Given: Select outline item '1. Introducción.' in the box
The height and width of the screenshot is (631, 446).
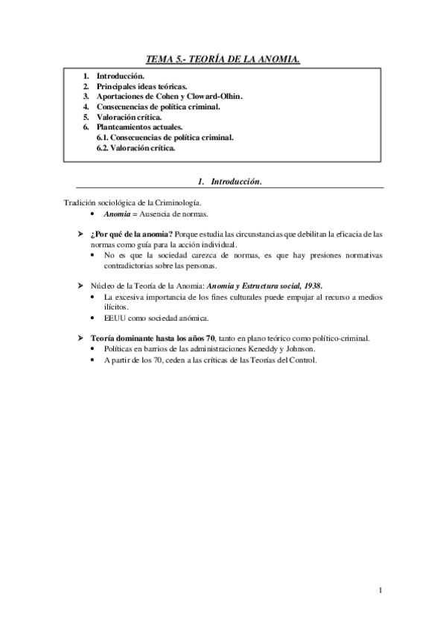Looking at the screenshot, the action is pyautogui.click(x=113, y=76).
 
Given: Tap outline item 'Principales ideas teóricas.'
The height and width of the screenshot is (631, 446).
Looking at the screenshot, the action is pyautogui.click(x=136, y=86).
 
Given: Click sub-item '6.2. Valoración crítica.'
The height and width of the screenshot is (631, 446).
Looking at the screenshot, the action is pyautogui.click(x=136, y=149).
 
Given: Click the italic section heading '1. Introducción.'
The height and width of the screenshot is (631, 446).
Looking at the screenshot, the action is pyautogui.click(x=229, y=182).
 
